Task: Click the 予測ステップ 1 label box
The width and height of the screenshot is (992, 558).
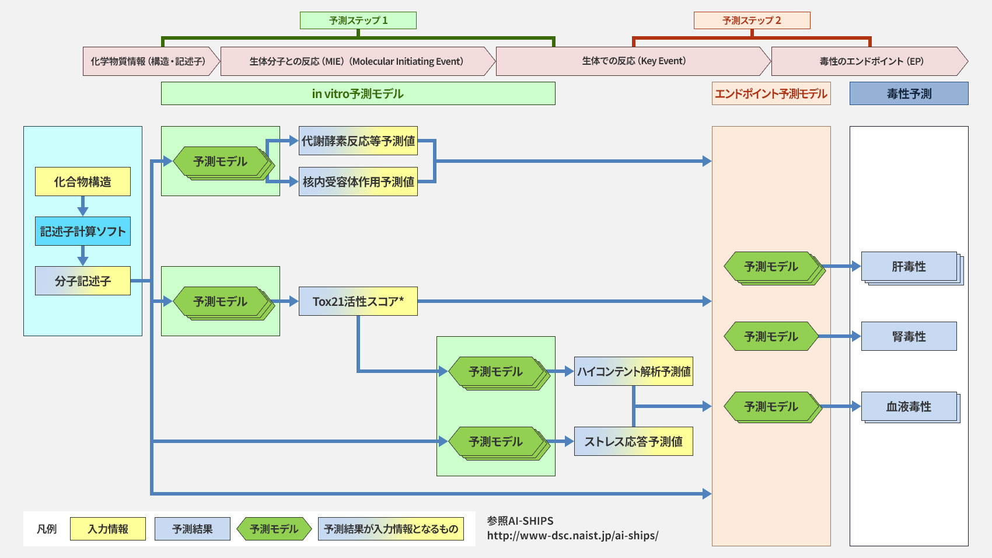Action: [358, 20]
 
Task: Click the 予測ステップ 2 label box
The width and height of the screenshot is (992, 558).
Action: [752, 20]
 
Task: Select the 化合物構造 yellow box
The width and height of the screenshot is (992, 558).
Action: [82, 182]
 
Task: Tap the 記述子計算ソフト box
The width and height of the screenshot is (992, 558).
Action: [82, 231]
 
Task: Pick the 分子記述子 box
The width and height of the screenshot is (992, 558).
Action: [82, 281]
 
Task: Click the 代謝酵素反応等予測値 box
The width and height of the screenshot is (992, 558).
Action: [358, 141]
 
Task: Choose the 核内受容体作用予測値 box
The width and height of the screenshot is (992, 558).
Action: [358, 182]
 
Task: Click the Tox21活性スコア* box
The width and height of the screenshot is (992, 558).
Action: [358, 301]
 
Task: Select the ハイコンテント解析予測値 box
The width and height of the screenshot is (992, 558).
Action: [633, 371]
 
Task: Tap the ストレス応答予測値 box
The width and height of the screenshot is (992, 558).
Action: [633, 441]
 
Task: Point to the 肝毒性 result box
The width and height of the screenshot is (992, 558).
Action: [909, 266]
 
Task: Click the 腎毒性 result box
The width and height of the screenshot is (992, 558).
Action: [909, 336]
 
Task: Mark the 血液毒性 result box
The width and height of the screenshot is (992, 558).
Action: [909, 406]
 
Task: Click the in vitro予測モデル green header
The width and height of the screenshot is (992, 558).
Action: [358, 93]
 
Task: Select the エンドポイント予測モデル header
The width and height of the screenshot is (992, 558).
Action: [771, 93]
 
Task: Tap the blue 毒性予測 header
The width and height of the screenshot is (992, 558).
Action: [909, 93]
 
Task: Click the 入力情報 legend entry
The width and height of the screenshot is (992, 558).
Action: [108, 529]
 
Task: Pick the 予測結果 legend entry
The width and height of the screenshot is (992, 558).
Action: [192, 529]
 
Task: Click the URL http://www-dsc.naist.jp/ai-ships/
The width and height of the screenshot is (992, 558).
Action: [572, 535]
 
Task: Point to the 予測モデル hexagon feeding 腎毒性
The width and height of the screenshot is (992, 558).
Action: [771, 336]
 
